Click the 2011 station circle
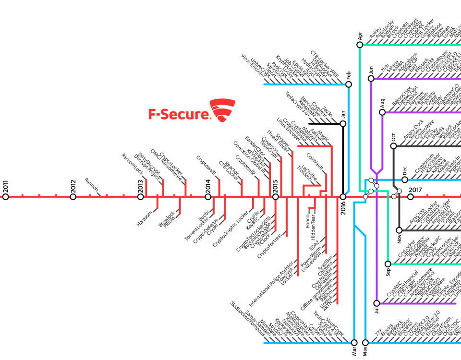click(x=6, y=197)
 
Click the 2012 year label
click(x=73, y=184)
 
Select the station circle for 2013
click(x=141, y=197)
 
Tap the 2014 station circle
click(x=208, y=197)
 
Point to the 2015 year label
click(x=276, y=184)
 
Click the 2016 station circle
click(x=343, y=197)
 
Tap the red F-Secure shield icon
click(x=223, y=110)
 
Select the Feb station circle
click(x=349, y=84)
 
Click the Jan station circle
click(x=343, y=124)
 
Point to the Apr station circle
click(x=360, y=45)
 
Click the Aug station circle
click(x=382, y=112)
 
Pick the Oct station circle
click(x=393, y=145)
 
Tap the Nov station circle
click(x=399, y=230)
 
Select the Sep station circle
click(x=388, y=263)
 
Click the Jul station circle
click(x=377, y=303)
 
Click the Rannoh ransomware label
click(x=91, y=186)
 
